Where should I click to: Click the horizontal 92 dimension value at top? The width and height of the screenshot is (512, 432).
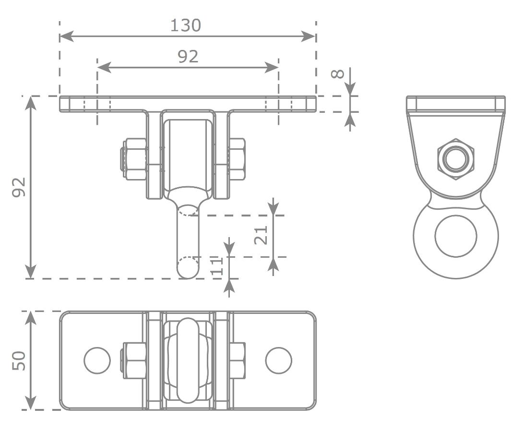click(188, 57)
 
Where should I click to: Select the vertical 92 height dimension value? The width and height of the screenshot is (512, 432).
click(19, 187)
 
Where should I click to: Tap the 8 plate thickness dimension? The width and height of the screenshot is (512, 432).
click(338, 73)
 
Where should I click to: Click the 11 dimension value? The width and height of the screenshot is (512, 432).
click(217, 265)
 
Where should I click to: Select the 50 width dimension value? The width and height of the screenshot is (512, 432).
click(19, 360)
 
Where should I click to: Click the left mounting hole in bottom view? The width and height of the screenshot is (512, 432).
click(97, 360)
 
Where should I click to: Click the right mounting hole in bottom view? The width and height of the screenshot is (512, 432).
click(278, 360)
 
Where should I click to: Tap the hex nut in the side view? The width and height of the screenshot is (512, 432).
click(455, 159)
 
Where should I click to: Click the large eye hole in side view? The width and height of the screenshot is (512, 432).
click(455, 236)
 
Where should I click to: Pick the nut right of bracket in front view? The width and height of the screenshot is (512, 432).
click(237, 159)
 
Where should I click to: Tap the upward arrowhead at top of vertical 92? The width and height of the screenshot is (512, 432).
click(31, 102)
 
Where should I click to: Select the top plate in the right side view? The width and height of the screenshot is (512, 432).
click(455, 103)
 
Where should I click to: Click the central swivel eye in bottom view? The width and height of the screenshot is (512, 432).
click(188, 360)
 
